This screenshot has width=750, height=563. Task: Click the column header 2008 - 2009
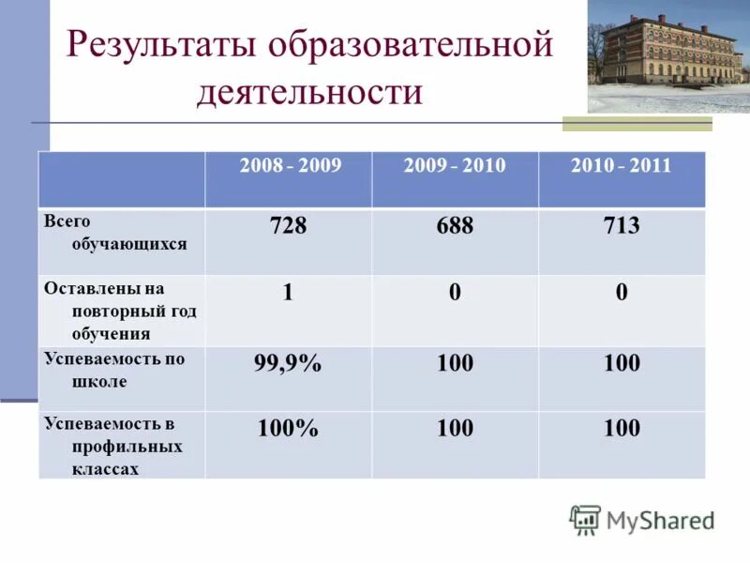coord(290,166)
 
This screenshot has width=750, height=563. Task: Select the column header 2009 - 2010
coord(455,166)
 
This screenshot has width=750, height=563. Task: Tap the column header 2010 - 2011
coord(621,166)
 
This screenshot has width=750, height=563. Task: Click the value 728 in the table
coord(288,226)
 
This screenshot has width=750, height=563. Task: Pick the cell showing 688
coord(455,226)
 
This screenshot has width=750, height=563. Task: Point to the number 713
coord(622,226)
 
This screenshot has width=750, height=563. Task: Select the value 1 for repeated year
coord(288,293)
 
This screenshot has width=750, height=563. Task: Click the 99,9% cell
coord(288,364)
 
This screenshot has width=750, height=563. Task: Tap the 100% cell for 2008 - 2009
coord(288,430)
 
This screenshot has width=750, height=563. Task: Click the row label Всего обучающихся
coord(114,233)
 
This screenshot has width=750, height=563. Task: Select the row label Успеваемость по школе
coord(113,371)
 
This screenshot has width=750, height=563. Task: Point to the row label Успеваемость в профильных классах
coord(113,446)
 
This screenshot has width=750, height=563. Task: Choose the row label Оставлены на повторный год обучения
coord(119,311)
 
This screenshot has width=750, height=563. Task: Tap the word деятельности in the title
coord(309,93)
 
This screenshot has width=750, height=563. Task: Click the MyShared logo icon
coord(585,520)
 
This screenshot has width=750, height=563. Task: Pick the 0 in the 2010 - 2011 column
coord(622,293)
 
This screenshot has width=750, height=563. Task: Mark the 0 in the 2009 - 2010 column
coord(455,293)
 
